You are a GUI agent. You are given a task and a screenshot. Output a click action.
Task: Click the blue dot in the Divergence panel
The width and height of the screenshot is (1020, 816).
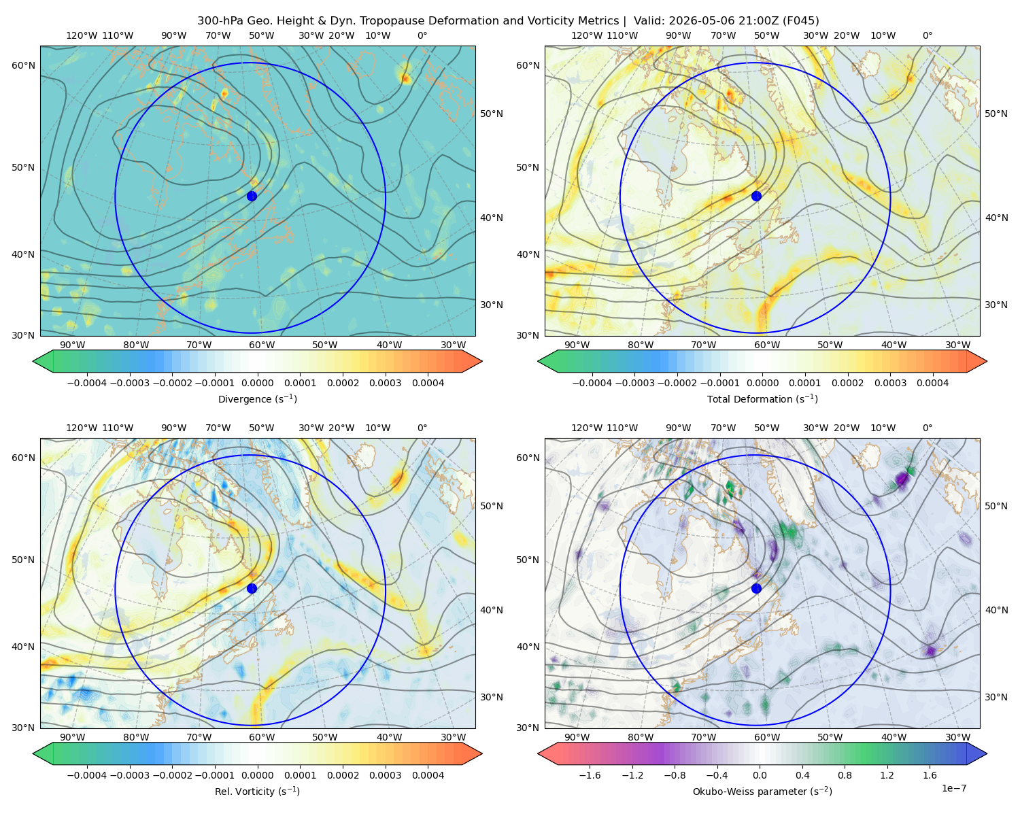coord(252,196)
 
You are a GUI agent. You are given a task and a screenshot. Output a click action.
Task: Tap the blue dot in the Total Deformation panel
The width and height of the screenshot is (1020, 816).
coord(756,196)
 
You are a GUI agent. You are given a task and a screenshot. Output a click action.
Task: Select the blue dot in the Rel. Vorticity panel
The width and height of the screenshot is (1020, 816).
coord(252,588)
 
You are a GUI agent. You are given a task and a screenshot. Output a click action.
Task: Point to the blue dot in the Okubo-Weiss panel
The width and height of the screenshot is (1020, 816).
coord(756,588)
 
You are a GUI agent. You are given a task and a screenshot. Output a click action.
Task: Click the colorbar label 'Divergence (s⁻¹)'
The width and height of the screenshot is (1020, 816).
coord(257,398)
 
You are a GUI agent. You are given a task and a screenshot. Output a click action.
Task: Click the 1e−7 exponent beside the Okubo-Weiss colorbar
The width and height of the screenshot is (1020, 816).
coord(953,788)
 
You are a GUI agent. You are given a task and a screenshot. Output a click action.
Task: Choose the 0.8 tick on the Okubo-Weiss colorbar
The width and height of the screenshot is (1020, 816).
coord(845,775)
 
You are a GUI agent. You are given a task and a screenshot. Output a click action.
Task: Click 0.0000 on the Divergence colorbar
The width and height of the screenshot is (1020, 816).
coord(257,383)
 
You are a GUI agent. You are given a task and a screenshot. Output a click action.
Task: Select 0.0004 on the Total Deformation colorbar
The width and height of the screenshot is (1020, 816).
coord(932,383)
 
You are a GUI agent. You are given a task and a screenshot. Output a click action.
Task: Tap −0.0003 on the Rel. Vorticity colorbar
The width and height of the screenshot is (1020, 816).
coord(129,775)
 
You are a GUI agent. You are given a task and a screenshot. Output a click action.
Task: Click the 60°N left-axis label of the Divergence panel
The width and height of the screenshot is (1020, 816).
coord(23,65)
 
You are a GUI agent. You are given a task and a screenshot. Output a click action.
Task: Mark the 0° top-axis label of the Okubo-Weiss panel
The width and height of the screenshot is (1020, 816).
coord(927,427)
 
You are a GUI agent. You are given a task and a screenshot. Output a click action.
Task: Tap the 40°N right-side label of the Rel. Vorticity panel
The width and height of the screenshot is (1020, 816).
coord(492,610)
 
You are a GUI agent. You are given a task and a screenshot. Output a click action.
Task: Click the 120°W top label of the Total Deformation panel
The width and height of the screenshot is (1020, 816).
coord(587,35)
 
